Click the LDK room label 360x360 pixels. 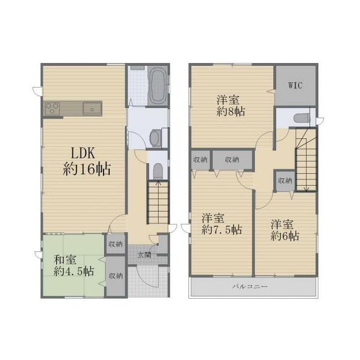click(x=83, y=153)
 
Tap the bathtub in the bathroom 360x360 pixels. click(x=157, y=85)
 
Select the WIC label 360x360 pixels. click(x=295, y=85)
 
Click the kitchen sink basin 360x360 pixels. click(x=92, y=109)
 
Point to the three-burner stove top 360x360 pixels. click(x=52, y=109)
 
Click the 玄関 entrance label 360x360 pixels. click(x=144, y=255)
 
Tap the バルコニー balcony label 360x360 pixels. click(x=250, y=286)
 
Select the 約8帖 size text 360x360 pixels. click(x=231, y=111)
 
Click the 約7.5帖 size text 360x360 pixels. click(x=222, y=229)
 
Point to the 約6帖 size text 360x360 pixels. click(x=285, y=236)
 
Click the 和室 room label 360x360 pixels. click(x=65, y=260)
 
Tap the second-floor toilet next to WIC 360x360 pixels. click(x=301, y=118)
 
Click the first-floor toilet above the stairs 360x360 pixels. click(x=157, y=171)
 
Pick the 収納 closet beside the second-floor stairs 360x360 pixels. click(x=285, y=181)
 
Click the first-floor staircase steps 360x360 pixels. click(x=158, y=202)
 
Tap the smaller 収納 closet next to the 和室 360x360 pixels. click(x=116, y=244)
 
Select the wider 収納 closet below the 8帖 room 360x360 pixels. click(x=232, y=160)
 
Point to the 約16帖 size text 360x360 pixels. click(x=87, y=169)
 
